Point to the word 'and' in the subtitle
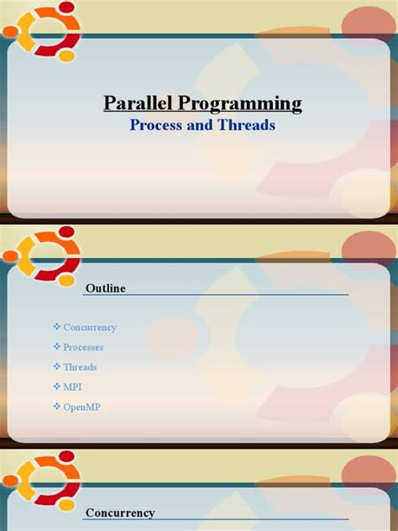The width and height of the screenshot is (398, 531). tap(202, 126)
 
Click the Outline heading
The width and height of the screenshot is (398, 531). tap(105, 288)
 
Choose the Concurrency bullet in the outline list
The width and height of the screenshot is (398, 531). tap(90, 327)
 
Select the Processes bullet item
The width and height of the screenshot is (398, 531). tap(84, 347)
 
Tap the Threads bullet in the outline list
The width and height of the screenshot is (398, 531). tap(81, 367)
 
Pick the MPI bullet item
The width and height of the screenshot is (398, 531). tap(74, 387)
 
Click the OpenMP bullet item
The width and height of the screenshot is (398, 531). tap(82, 407)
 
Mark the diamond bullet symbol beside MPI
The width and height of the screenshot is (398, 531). tap(57, 387)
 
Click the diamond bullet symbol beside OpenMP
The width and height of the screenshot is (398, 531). tap(57, 407)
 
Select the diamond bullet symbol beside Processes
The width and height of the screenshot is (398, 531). tap(57, 347)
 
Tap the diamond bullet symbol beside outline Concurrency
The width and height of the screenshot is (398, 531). tap(57, 327)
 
